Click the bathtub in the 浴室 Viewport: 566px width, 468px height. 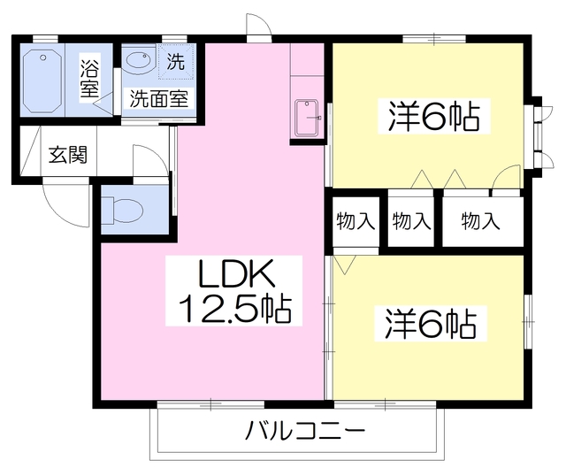coord(41,80)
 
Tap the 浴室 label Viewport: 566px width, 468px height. coord(89,77)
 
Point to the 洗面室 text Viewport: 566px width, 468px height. coord(159,98)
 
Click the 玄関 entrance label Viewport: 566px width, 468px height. coord(67,156)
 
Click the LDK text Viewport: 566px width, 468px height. coord(238,276)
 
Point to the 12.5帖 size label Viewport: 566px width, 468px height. coord(237,310)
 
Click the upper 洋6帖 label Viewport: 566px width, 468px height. coord(433,117)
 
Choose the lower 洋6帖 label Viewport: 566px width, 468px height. coord(431,324)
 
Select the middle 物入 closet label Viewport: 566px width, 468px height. coord(411,221)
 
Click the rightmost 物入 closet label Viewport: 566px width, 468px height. coord(481,221)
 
